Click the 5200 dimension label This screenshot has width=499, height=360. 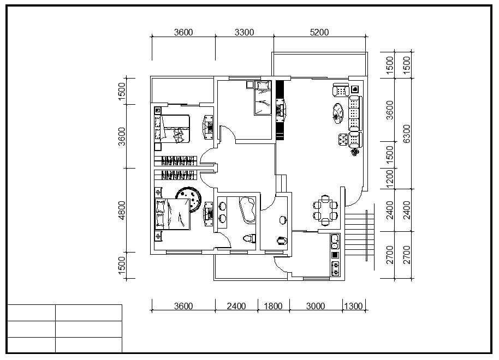pos(319,32)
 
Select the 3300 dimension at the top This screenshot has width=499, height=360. pos(244,32)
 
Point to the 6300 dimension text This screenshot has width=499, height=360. pos(407,134)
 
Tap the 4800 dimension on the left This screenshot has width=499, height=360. pos(122,210)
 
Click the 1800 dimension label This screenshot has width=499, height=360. pos(274,306)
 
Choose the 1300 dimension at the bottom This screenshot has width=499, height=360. pos(354,306)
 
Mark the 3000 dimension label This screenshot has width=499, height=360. pos(316,306)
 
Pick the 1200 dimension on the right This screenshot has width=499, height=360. pos(389,179)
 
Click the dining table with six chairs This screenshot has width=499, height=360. pos(325,210)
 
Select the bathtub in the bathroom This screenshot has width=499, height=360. pos(248,209)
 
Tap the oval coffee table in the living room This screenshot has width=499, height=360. pos(338,113)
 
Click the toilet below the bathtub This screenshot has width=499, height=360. pos(249,238)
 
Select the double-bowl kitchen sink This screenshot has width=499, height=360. pos(335,242)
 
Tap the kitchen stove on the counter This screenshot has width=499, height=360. pos(335,269)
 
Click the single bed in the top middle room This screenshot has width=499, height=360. pos(263,98)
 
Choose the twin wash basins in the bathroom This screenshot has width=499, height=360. pos(222,212)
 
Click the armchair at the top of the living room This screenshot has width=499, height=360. pos(341,89)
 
